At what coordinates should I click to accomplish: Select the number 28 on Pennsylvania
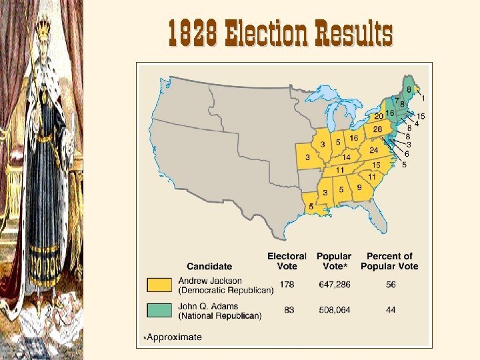[x=377, y=129]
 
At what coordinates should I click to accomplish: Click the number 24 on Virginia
[x=373, y=151]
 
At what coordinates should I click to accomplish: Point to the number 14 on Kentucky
[x=346, y=157]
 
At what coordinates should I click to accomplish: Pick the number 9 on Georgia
[x=359, y=188]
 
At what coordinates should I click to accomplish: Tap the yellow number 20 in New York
[x=379, y=117]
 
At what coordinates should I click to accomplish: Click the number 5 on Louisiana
[x=311, y=207]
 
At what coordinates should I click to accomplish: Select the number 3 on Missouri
[x=307, y=157]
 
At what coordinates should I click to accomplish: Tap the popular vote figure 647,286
[x=334, y=285]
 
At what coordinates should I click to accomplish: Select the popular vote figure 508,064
[x=334, y=310]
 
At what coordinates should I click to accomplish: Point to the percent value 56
[x=389, y=285]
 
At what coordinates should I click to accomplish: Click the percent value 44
[x=389, y=310]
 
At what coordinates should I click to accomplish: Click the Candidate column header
[x=209, y=267]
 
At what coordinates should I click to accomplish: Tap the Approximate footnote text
[x=174, y=337]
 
